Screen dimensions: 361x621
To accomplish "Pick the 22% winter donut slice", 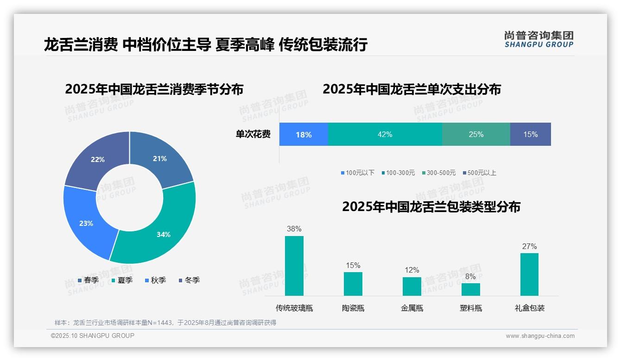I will [x=98, y=159].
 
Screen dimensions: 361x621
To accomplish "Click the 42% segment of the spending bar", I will [x=385, y=134].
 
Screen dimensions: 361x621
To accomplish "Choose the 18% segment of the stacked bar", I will [x=304, y=134].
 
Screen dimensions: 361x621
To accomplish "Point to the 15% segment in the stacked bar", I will [x=530, y=134].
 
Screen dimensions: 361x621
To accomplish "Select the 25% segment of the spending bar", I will [x=476, y=134].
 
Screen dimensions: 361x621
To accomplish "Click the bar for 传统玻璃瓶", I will [x=294, y=266].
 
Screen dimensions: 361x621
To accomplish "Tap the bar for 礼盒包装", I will [x=529, y=274].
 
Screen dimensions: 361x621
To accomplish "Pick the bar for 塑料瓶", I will [x=471, y=289].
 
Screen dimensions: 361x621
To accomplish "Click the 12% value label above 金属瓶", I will [x=412, y=270].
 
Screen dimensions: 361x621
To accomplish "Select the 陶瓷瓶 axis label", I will [x=353, y=308].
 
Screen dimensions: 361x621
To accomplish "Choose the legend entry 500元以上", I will [x=479, y=173].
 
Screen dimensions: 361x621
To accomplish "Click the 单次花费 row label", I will [x=253, y=134].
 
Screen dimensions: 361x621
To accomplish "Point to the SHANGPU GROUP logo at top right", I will [x=539, y=39].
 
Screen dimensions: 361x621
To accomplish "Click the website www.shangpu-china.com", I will [x=540, y=336].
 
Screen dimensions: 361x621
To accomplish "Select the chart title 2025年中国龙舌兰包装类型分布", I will [x=431, y=206].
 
